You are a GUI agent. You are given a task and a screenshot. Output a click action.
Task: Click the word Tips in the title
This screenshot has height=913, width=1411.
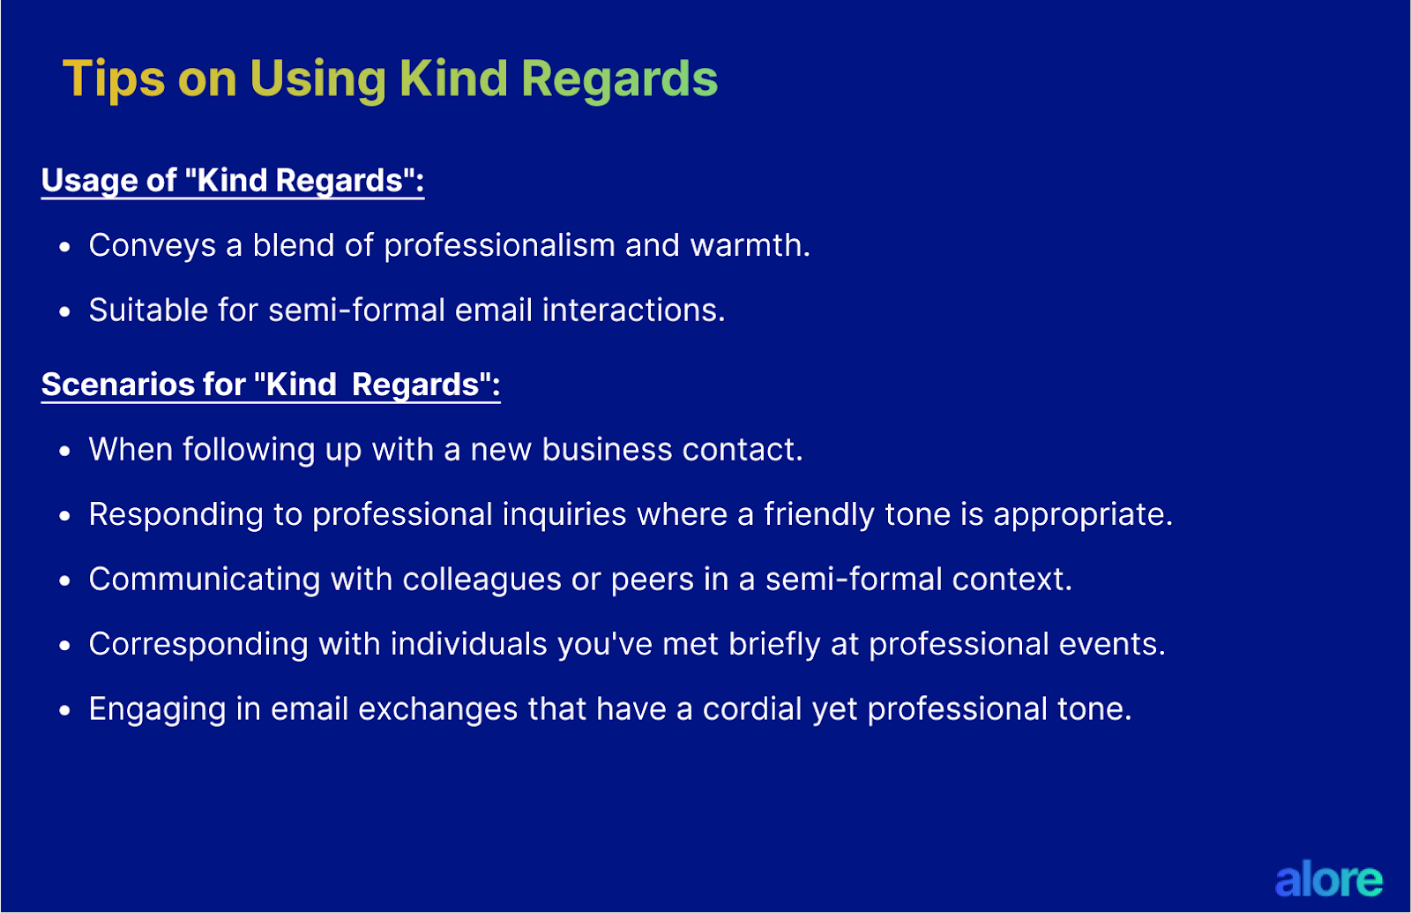pyautogui.click(x=114, y=79)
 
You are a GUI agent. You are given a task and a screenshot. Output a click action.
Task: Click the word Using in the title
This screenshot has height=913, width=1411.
pyautogui.click(x=317, y=79)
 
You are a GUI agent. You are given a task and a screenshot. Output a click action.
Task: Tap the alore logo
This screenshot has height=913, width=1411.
pyautogui.click(x=1328, y=879)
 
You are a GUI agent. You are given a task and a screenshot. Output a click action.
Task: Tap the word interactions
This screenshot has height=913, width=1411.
pyautogui.click(x=633, y=311)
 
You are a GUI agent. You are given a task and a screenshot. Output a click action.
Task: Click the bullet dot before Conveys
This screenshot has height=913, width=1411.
pyautogui.click(x=64, y=248)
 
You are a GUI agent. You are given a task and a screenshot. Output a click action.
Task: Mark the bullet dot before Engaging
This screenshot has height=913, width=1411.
pyautogui.click(x=64, y=711)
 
